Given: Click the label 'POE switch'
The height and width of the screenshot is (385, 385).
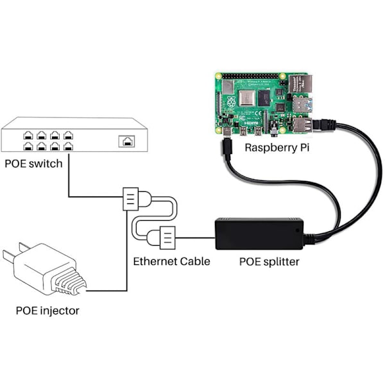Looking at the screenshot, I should pos(33,163).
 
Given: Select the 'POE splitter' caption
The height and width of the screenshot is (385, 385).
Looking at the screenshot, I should pos(269,262).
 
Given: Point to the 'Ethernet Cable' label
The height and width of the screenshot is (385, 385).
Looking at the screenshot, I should pos(171,262).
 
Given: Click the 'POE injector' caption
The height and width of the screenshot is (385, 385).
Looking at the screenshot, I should pos(47,311).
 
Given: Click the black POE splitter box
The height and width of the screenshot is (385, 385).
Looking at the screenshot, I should pos(258,234).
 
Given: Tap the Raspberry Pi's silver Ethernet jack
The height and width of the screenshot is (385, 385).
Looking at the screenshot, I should pos(305,83).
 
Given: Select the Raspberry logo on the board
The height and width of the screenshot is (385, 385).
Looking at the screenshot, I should pos(229,102).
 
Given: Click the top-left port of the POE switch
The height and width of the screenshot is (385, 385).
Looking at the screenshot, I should pos(27,135).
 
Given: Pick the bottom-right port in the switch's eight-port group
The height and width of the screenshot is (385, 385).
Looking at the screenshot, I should pos(68,146).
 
